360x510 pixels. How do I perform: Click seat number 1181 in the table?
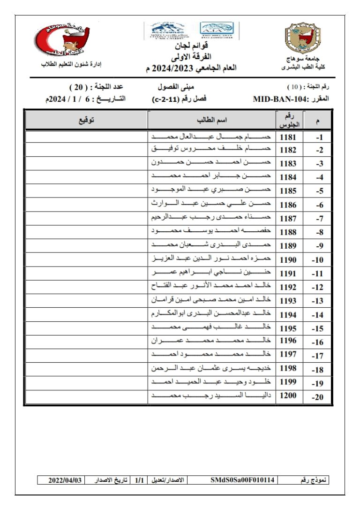(x=288, y=137)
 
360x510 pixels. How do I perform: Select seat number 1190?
(x=288, y=259)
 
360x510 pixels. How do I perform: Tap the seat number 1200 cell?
(x=288, y=396)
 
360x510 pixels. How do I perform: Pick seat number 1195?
(x=288, y=328)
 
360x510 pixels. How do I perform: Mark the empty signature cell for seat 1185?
(x=86, y=191)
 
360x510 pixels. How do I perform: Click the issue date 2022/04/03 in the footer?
(x=65, y=480)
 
